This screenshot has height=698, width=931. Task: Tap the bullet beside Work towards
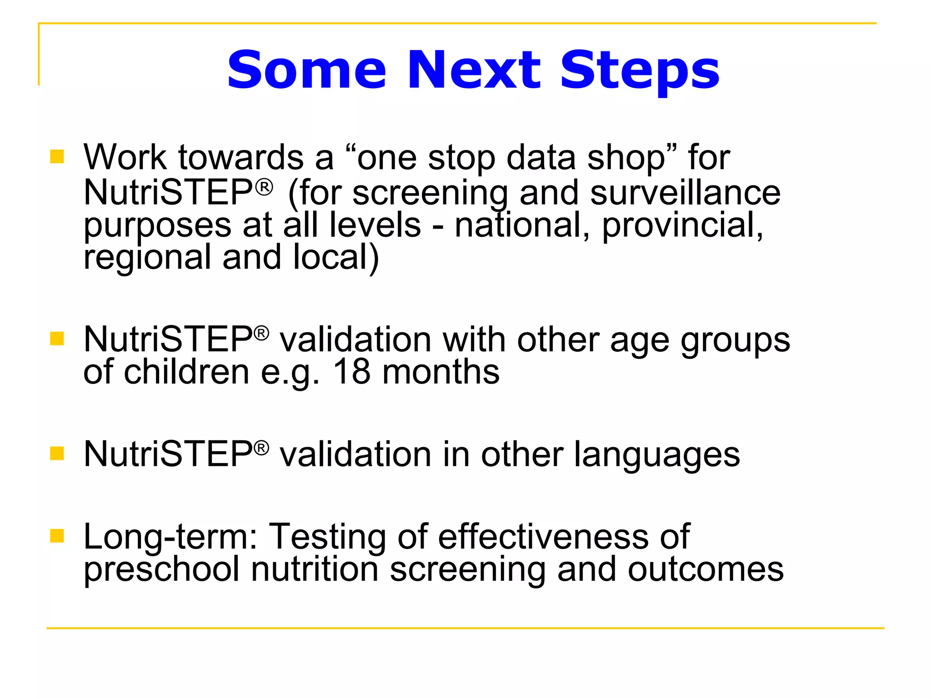pos(57,157)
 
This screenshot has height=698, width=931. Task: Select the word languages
pos(656,454)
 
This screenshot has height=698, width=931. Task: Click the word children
pos(186,372)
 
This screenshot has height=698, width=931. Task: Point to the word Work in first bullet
pos(125,158)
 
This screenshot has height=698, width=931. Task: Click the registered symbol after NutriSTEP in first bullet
pos(264,187)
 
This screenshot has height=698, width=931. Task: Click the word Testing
pos(328,538)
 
